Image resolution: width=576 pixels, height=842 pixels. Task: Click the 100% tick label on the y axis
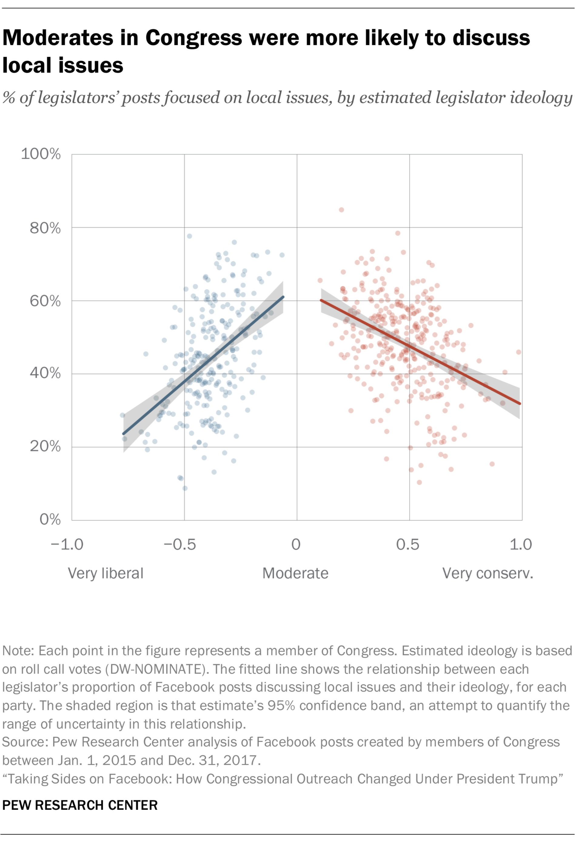pyautogui.click(x=41, y=154)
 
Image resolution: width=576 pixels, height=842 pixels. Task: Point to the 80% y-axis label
pyautogui.click(x=45, y=228)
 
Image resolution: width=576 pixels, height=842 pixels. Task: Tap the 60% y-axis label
pyautogui.click(x=45, y=301)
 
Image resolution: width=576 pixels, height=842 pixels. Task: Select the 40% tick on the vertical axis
pyautogui.click(x=45, y=373)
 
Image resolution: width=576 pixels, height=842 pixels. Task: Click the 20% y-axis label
pyautogui.click(x=45, y=446)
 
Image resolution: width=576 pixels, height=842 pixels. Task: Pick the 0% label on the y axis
pyautogui.click(x=50, y=520)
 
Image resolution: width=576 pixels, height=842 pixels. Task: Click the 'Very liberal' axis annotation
pyautogui.click(x=105, y=573)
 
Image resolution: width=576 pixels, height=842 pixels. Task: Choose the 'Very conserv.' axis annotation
pyautogui.click(x=487, y=573)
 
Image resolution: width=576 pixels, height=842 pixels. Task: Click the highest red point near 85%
pyautogui.click(x=341, y=210)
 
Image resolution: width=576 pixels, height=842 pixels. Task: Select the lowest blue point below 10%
pyautogui.click(x=185, y=488)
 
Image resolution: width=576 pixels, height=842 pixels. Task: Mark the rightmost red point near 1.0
pyautogui.click(x=518, y=352)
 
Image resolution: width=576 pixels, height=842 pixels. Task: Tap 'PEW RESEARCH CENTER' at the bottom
pyautogui.click(x=80, y=805)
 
